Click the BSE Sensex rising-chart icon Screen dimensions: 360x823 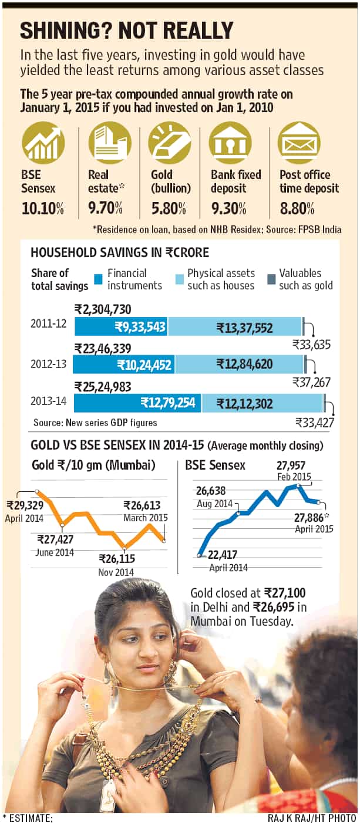pos(43,142)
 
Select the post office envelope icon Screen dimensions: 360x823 pos(299,142)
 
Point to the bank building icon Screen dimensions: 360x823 pos(230,142)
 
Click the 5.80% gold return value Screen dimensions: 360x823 pos(169,209)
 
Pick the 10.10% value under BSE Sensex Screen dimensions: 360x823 pos(43,209)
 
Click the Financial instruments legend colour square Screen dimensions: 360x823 pos(98,280)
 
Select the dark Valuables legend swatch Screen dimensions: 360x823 pos(271,280)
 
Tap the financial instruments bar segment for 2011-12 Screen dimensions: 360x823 pos(121,326)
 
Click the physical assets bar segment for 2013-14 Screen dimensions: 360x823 pos(263,403)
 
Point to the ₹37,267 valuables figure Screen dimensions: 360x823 pos(311,382)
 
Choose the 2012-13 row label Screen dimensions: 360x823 pos(49,364)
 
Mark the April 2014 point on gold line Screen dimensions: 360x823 pos(37,491)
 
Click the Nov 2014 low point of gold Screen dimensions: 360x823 pos(125,548)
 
